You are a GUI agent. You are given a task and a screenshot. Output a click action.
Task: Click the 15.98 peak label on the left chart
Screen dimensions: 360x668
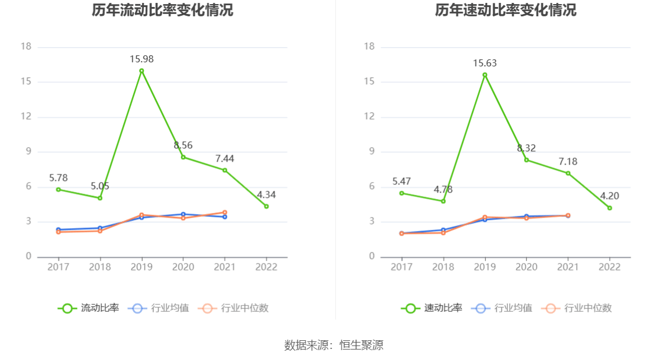(141, 59)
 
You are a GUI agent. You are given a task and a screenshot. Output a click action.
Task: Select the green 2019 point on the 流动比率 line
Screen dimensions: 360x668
(141, 71)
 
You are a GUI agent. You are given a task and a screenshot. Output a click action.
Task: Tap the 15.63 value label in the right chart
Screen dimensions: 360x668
(485, 63)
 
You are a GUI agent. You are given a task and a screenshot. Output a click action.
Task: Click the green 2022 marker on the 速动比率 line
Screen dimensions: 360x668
(609, 208)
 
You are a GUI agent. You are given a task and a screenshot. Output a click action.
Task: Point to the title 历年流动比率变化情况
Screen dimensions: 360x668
(162, 10)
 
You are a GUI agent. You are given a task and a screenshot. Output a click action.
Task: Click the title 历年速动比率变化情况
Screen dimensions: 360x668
(506, 10)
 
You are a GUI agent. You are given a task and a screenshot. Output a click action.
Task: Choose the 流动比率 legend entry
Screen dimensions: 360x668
(88, 308)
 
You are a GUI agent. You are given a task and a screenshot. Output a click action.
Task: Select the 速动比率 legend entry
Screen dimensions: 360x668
(432, 308)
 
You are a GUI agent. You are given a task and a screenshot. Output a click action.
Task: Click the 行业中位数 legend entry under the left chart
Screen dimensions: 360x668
(233, 308)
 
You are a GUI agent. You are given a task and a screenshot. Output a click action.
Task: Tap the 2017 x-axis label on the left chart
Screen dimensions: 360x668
(58, 267)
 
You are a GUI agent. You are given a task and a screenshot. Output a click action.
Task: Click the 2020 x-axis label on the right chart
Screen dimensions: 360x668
(526, 267)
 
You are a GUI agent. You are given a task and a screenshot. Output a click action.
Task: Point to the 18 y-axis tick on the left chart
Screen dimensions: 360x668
(26, 47)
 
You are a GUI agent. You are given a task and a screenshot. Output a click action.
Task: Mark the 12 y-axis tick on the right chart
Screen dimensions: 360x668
(369, 117)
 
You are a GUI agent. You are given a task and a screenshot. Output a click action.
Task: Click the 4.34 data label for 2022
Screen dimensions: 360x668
(266, 195)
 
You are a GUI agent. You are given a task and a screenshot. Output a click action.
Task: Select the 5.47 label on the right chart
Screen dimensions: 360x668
(401, 181)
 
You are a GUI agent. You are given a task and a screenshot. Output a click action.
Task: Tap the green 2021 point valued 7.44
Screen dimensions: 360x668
(225, 170)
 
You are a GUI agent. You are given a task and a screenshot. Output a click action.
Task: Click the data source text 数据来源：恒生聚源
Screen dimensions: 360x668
(333, 345)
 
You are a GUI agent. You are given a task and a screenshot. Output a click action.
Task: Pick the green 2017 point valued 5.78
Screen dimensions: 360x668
(58, 189)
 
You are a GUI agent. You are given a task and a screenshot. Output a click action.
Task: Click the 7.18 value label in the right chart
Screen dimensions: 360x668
(567, 162)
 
